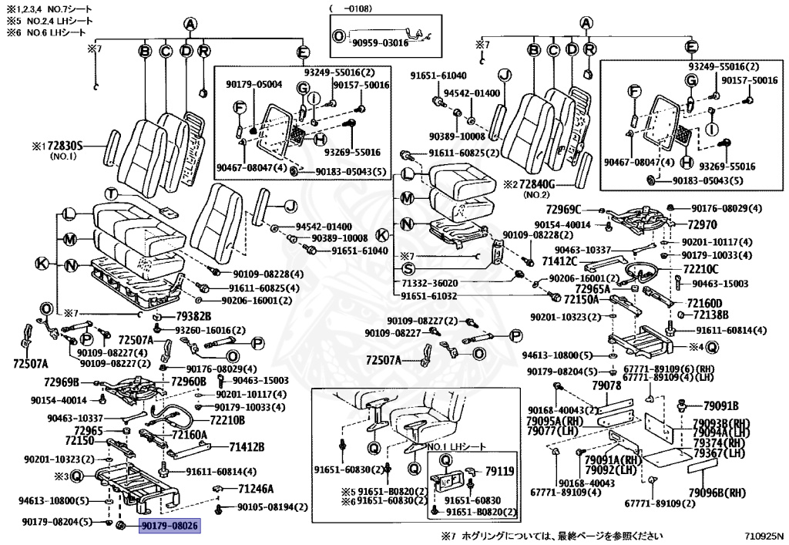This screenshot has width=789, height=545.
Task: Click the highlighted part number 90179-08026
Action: coord(169,526)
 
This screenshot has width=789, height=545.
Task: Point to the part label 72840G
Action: coord(549,184)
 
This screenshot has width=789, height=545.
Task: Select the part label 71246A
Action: coord(256,489)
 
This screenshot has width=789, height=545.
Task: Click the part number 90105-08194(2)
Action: coord(271,506)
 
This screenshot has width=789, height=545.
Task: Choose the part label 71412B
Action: coord(247,446)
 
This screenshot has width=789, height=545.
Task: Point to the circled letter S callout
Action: coord(408,269)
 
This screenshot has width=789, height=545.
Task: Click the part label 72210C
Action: coord(700,269)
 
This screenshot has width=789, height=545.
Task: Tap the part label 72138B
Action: coord(710,315)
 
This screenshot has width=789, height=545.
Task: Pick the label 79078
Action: coord(606,385)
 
